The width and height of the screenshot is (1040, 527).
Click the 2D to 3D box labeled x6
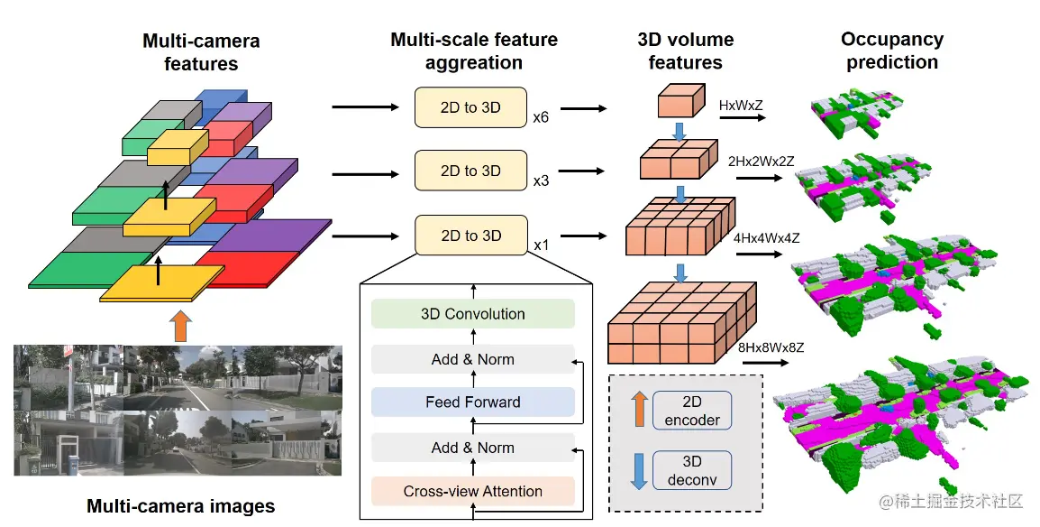coord(471,107)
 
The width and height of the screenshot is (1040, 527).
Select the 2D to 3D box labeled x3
coord(471,171)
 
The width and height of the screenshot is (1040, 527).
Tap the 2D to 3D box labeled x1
coord(471,235)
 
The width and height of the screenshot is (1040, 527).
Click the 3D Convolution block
coord(473,314)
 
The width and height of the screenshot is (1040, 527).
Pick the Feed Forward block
coord(473,402)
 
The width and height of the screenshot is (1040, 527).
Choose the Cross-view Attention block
coord(473,491)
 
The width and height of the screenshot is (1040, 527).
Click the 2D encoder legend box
coord(692,411)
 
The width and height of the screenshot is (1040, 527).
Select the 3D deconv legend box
coord(692,470)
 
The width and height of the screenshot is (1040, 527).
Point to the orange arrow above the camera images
coord(180,327)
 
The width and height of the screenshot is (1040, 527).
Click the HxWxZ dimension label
coord(741,106)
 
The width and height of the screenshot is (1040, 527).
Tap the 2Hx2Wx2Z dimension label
coord(761,162)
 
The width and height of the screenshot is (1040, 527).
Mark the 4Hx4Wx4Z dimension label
coord(767,238)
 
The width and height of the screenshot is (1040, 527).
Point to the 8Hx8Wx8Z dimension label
coord(771,347)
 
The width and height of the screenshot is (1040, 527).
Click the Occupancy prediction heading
coord(892,51)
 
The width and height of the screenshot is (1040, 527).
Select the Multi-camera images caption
coord(181,506)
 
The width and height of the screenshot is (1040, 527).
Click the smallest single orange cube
coord(681,101)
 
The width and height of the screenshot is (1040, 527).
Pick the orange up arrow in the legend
coord(639,409)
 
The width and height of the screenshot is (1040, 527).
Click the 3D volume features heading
coord(686,51)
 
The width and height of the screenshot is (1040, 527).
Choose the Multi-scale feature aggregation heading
coord(473,51)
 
